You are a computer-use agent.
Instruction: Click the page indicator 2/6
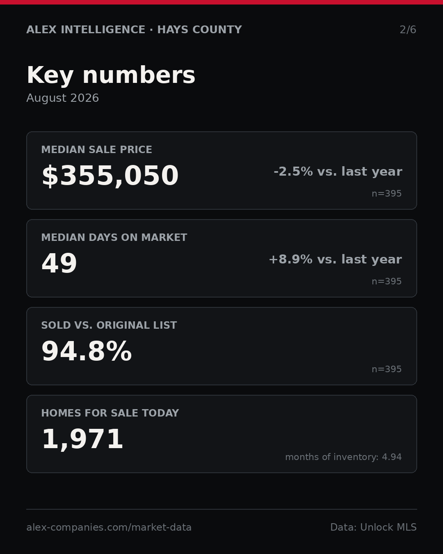click(x=408, y=30)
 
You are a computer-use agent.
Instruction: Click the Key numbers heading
click(x=111, y=75)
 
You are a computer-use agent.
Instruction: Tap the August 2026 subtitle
click(x=62, y=98)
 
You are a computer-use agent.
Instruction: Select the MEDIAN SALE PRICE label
click(x=96, y=149)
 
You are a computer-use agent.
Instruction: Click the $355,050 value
click(x=110, y=176)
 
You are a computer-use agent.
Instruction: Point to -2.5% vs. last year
click(x=338, y=172)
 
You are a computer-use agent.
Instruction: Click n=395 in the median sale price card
click(x=387, y=194)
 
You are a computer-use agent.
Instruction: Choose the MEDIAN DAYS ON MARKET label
click(x=114, y=237)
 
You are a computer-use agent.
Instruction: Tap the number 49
click(x=59, y=263)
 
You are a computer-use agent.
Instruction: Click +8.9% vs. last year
click(x=335, y=259)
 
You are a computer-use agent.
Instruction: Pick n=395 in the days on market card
click(x=387, y=282)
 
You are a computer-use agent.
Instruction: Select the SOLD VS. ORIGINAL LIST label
click(x=109, y=325)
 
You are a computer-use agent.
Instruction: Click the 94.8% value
click(x=87, y=351)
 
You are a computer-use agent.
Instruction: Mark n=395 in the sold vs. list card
click(x=387, y=369)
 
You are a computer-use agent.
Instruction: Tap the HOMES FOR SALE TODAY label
click(x=110, y=413)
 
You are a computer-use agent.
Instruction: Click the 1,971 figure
click(x=82, y=440)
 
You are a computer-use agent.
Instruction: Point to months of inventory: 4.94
click(x=343, y=457)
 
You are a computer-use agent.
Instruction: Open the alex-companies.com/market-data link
click(x=109, y=527)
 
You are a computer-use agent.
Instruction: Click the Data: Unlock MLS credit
click(x=373, y=527)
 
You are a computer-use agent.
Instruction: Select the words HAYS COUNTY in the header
click(x=199, y=30)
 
